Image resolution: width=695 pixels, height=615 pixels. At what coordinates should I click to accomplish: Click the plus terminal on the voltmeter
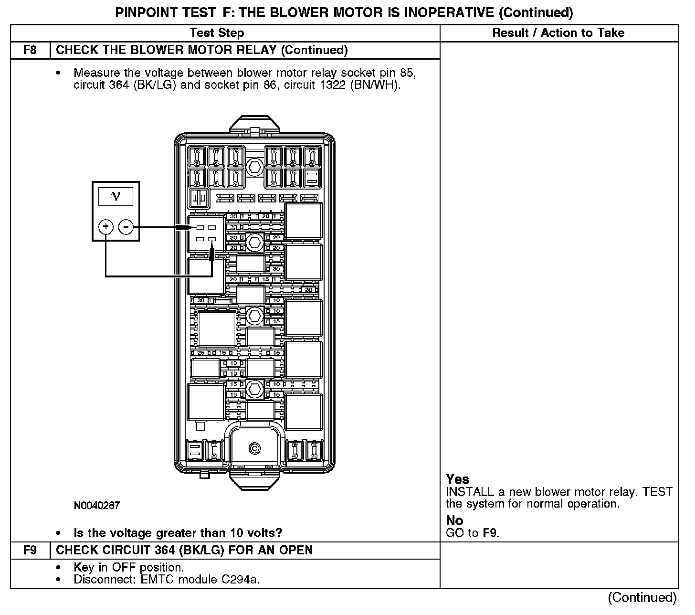[105, 227]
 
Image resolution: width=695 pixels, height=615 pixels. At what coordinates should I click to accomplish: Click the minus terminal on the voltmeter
[126, 227]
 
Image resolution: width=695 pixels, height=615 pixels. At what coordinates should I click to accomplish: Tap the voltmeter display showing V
[116, 196]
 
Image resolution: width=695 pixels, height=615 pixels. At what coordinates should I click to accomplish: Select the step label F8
[30, 50]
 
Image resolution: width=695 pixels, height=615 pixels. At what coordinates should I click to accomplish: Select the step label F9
[30, 550]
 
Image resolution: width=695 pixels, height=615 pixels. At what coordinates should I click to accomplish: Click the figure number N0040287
[97, 505]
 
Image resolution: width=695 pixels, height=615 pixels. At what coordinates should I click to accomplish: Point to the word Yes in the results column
[458, 479]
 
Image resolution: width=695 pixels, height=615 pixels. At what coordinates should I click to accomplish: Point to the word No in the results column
[455, 520]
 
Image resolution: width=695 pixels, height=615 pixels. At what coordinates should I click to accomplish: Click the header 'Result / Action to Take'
[558, 33]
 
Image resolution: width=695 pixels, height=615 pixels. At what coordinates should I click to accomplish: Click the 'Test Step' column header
[217, 33]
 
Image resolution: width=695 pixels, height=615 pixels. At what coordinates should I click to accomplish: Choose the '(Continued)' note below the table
[642, 598]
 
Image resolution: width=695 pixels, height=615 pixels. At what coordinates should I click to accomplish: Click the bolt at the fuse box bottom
[255, 448]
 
